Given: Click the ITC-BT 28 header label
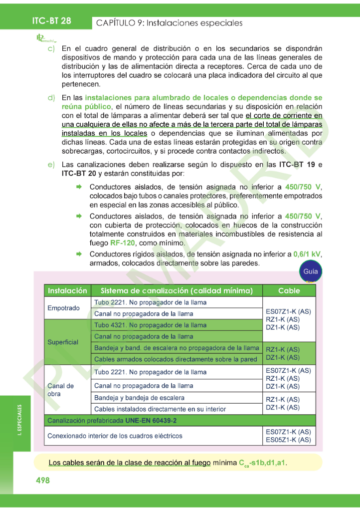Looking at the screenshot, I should click(51, 20).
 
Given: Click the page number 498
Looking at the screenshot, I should click(43, 480).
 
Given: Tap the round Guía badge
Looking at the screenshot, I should click(310, 272).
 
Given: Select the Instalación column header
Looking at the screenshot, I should click(67, 290).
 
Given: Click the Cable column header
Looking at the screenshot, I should click(289, 290).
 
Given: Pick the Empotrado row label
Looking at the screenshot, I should click(63, 308).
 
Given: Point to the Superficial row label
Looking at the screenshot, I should click(63, 342).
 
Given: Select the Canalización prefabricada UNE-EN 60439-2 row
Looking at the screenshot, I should click(112, 420).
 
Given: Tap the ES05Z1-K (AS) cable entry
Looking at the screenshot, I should click(288, 440).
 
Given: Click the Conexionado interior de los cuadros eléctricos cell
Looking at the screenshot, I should click(115, 436).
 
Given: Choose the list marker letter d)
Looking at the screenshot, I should click(51, 97).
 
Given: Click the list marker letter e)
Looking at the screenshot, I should click(51, 165).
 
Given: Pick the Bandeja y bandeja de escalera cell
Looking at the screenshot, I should click(139, 398).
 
